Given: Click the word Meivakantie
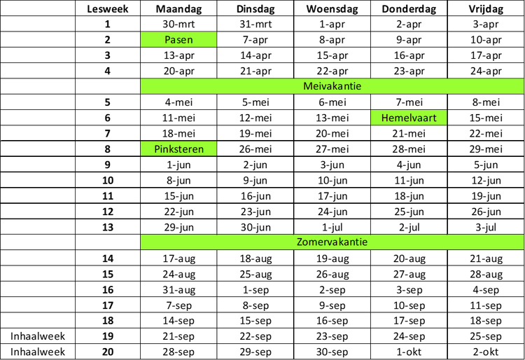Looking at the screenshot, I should tap(332, 86).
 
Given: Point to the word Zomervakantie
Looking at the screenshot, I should tap(332, 242).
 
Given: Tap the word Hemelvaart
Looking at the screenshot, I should tap(409, 118).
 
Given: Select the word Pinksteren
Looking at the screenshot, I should tap(179, 148).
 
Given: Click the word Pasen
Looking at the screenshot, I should tap(178, 39).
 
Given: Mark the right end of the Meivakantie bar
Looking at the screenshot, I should tap(522, 86).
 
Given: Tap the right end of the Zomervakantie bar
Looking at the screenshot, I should tap(522, 242).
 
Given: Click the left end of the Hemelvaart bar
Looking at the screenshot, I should tap(372, 118).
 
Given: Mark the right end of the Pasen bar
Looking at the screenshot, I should tap(215, 39).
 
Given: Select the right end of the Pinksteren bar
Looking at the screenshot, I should tap(215, 148).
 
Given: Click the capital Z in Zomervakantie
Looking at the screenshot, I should tap(300, 242).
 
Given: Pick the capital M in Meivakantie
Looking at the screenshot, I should tap(307, 86).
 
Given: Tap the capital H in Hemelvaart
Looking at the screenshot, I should tap(384, 118).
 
